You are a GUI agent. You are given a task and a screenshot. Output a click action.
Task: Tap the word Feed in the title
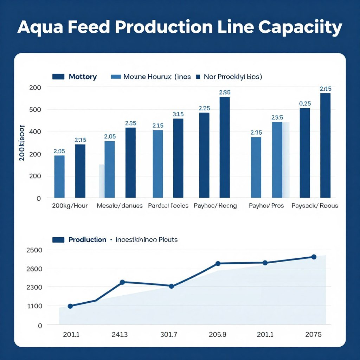coord(92,27)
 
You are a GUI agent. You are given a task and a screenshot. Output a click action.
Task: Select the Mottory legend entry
coord(83,77)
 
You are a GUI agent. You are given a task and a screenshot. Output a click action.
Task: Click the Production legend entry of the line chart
coord(87,240)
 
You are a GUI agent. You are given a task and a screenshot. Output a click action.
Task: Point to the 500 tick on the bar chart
coord(34,110)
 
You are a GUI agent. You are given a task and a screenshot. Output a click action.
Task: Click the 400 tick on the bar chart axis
coord(34,132)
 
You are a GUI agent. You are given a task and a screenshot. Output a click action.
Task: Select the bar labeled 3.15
coord(178,158)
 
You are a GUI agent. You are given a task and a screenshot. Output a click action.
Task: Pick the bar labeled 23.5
coord(277,160)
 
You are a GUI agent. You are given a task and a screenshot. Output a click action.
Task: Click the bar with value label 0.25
coord(305,153)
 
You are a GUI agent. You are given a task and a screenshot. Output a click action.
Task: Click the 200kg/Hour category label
coord(70,206)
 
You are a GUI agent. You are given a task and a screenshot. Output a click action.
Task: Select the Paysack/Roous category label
coord(315,206)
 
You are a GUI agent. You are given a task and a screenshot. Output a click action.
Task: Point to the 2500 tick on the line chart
coord(34,250)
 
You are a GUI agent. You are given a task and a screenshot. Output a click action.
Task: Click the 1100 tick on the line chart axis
coord(34,306)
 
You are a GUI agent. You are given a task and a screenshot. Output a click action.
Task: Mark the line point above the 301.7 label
coord(171,286)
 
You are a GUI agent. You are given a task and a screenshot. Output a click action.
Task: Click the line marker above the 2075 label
coord(314,257)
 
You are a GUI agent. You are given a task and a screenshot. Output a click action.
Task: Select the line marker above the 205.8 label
coord(218,264)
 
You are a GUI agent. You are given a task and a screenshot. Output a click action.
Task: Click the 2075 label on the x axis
coord(313,335)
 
